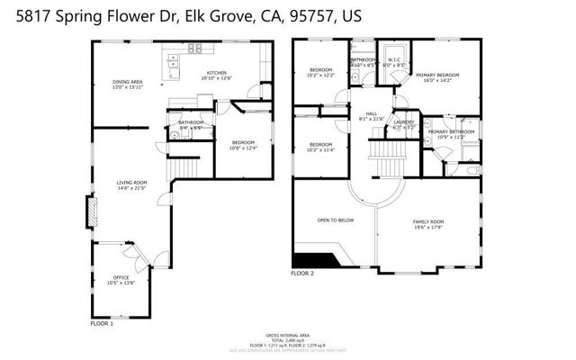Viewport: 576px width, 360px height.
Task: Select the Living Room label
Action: point(131,186)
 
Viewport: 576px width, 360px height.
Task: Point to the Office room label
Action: point(121,279)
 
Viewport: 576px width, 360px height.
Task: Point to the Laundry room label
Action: point(404,124)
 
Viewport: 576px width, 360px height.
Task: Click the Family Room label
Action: point(428,224)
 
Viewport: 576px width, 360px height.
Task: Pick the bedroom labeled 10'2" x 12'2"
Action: point(321,73)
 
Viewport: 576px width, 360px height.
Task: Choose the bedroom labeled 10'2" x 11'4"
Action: point(320,148)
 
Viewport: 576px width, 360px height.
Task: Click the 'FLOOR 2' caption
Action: point(301,273)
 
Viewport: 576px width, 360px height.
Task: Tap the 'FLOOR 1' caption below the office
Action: point(102,322)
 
